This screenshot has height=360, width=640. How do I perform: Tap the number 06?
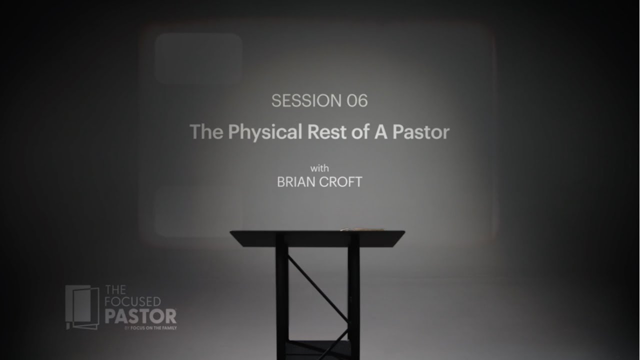357,101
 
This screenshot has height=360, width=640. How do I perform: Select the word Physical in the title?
265,132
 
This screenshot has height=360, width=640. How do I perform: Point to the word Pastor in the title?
421,132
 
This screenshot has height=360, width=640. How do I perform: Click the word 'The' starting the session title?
206,132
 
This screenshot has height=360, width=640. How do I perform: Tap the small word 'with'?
319,168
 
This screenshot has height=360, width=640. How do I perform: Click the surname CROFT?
341,181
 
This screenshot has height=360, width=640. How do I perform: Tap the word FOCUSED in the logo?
132,302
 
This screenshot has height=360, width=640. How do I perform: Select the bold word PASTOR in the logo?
140,316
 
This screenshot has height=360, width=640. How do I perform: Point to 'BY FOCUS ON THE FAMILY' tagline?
150,328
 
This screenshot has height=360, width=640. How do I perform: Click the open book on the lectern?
361,229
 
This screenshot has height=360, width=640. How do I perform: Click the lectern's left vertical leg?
281,300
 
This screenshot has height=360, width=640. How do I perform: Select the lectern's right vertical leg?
353,300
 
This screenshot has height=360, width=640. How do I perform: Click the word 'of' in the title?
358,132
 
